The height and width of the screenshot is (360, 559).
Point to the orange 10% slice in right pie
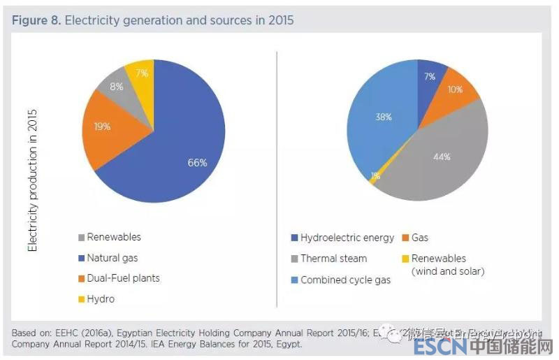pos(456,89)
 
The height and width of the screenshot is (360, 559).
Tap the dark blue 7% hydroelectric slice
pos(430,75)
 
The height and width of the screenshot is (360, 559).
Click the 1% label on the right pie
pos(375,176)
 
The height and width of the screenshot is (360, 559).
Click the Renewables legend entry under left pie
pos(113,237)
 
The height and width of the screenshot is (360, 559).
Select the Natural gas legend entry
pos(112,258)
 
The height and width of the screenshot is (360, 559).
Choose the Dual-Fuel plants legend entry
pos(122,278)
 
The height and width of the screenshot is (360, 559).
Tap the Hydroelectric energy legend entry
pos(347,238)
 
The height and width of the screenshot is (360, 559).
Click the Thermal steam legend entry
pos(333,259)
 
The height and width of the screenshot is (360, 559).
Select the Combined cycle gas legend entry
pos(345,280)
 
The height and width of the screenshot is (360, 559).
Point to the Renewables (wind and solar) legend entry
pos(447,264)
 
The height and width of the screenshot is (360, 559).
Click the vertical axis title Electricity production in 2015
pos(32,180)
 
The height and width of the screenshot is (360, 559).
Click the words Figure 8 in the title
pos(36,20)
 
